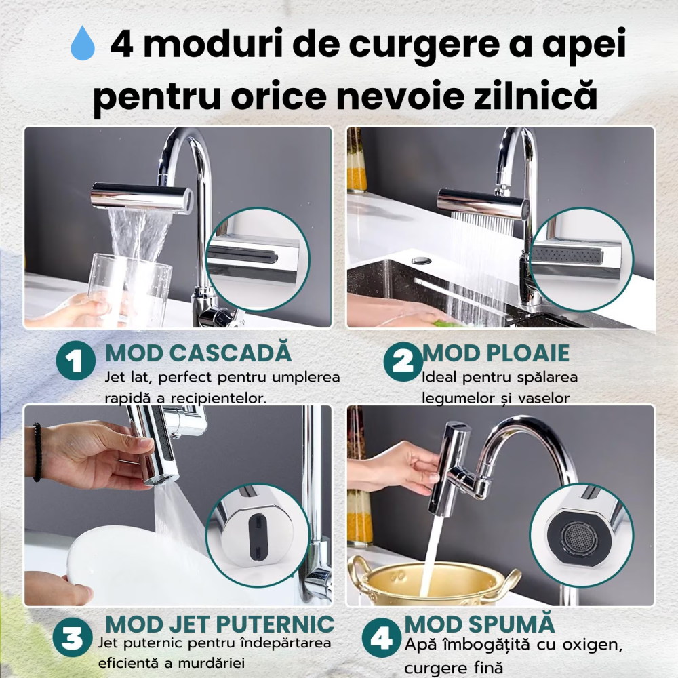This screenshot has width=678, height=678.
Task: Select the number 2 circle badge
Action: [x=403, y=361]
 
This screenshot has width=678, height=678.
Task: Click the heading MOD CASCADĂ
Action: [x=198, y=353]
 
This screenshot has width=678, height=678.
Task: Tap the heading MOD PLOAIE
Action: [x=496, y=353]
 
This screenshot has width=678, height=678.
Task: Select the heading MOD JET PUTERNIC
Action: [x=220, y=624]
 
